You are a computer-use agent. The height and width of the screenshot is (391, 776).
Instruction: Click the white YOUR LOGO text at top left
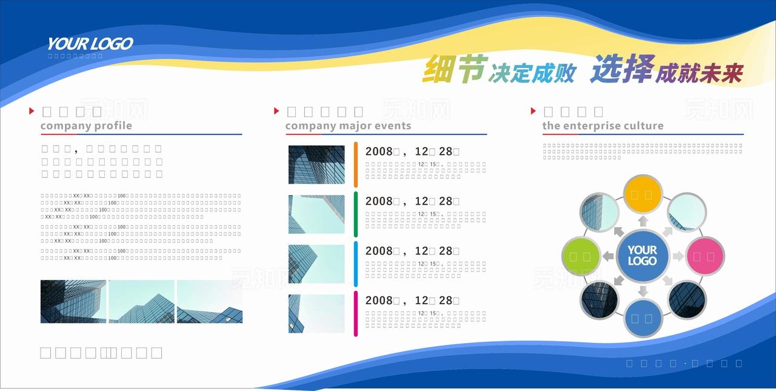[x=90, y=44]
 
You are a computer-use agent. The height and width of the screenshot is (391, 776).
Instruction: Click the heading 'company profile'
[x=86, y=126]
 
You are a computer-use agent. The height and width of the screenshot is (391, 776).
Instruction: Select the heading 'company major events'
[x=348, y=126]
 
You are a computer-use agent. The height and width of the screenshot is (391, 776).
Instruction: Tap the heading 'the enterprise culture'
[x=603, y=126]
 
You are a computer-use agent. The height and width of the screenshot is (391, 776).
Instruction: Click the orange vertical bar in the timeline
[x=356, y=165]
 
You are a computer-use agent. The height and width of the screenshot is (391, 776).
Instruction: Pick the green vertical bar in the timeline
[x=356, y=214]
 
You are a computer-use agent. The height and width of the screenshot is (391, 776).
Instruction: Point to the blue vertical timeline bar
[x=356, y=263]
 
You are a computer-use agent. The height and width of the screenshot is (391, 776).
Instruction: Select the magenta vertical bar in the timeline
[x=356, y=313]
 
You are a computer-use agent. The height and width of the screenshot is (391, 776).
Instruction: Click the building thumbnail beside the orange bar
[x=316, y=165]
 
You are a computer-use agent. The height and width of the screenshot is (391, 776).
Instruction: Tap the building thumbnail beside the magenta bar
[x=316, y=313]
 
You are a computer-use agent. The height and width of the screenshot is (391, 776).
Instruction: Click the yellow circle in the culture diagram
[x=643, y=194]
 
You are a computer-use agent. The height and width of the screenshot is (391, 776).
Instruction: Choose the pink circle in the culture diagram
[x=704, y=256]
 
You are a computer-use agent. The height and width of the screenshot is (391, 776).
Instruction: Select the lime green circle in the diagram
[x=581, y=256]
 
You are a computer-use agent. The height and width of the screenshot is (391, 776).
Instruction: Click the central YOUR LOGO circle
[x=643, y=256]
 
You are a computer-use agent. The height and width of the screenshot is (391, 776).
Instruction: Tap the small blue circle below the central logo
[x=643, y=318]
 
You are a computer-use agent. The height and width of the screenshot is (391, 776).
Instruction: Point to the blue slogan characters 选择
[x=615, y=69]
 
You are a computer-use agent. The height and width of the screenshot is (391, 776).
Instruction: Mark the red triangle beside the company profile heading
[x=32, y=111]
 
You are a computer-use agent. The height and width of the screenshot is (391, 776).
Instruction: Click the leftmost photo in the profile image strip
[x=73, y=302]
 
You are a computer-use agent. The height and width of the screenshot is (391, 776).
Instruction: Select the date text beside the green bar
[x=412, y=202]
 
